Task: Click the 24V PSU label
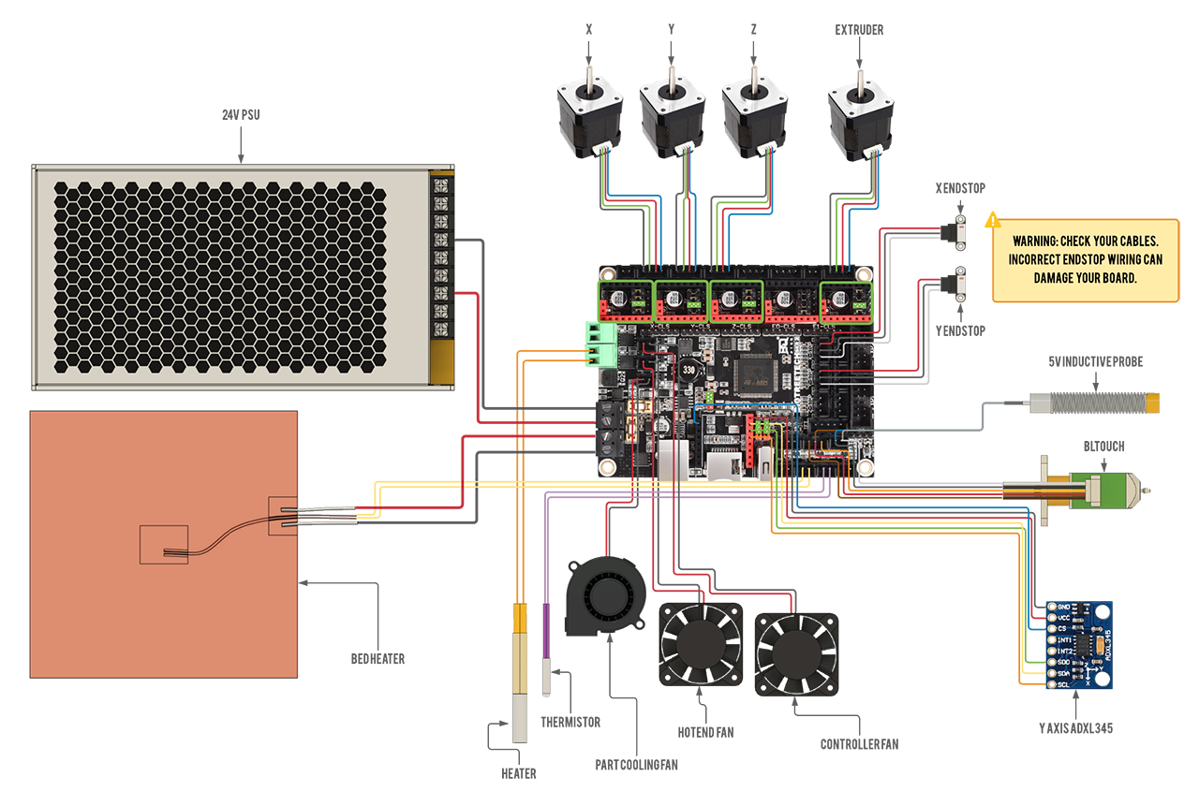[241, 115]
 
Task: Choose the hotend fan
[702, 645]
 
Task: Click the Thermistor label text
[570, 723]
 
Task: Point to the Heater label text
[518, 774]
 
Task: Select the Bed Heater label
[378, 659]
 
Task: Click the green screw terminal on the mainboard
[599, 344]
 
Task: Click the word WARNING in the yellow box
[1035, 241]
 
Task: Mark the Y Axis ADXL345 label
[1075, 727]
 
